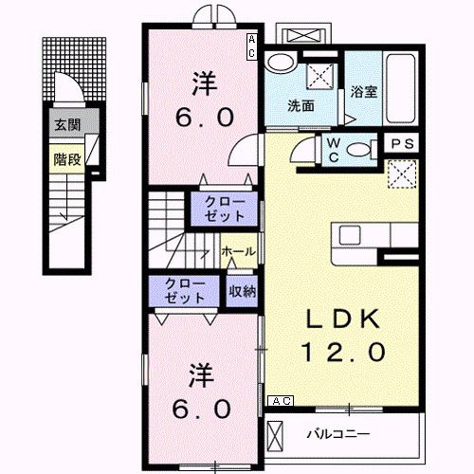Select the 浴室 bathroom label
click(x=363, y=92)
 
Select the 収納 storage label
click(x=241, y=292)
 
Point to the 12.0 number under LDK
click(x=344, y=352)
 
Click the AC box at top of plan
click(x=252, y=46)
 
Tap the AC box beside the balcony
click(x=281, y=402)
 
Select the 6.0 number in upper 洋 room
click(x=201, y=118)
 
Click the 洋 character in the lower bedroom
click(x=200, y=374)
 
